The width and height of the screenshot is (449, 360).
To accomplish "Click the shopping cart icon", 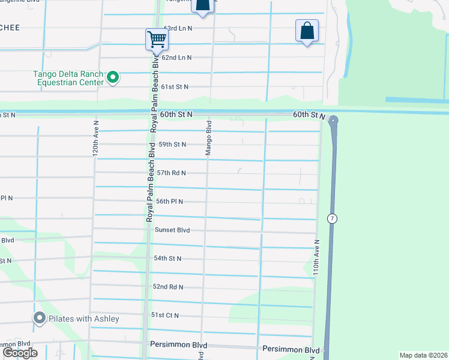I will click(x=157, y=40).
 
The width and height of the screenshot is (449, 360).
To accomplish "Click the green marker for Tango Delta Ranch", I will click(x=112, y=77).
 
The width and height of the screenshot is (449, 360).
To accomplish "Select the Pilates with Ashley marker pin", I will click(x=40, y=318).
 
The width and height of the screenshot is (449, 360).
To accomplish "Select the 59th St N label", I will click(x=172, y=145).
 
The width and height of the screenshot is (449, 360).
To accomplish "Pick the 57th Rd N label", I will click(x=171, y=173).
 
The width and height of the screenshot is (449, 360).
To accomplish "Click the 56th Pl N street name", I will click(x=169, y=202).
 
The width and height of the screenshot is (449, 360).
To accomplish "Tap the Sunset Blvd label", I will click(x=172, y=230).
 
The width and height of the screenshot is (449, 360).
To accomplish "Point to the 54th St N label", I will click(x=167, y=258).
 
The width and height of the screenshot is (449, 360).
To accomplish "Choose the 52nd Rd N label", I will click(x=167, y=287).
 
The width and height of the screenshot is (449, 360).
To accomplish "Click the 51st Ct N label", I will click(x=165, y=315).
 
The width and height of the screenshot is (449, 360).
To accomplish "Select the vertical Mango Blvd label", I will click(x=209, y=139).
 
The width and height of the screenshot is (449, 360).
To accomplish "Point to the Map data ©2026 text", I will click(x=423, y=355).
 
